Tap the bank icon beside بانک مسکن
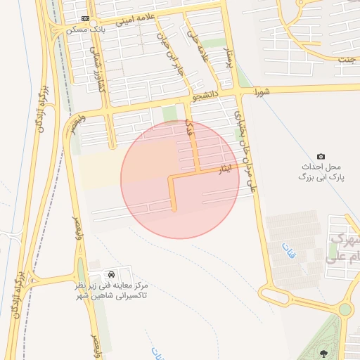[x=86, y=19]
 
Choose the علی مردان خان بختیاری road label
[x=245, y=150]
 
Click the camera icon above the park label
[x=321, y=156]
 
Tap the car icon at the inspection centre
[x=112, y=273]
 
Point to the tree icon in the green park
[x=323, y=353]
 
